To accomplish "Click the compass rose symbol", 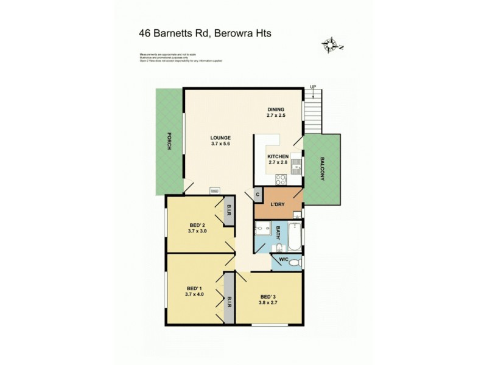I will point(331,45).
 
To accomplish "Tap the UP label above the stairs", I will point(313,87).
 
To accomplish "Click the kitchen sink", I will point(296,165).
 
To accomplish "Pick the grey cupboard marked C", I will point(258,195).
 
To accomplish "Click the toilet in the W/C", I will point(295,263).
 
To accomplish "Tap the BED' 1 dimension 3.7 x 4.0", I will point(195,294).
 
